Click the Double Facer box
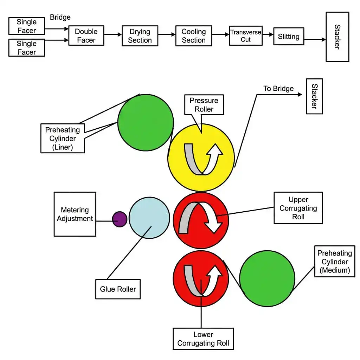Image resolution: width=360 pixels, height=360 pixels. tap(86, 36)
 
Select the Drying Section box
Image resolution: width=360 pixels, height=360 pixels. tap(140, 36)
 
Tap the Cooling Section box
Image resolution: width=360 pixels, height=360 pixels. tap(194, 36)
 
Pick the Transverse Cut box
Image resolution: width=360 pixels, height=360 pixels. tap(246, 36)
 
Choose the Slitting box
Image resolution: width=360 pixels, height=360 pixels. tap(289, 36)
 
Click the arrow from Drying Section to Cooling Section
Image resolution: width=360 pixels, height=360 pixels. tap(167, 35)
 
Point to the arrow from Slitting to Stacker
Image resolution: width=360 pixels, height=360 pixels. tap(315, 39)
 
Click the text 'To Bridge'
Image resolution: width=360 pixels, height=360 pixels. tap(278, 89)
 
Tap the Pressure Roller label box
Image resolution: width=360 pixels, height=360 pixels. tap(204, 105)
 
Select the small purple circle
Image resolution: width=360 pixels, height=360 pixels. tap(120, 219)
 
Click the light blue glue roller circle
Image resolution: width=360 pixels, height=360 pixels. tap(149, 218)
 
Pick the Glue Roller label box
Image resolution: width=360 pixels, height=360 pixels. tap(118, 289)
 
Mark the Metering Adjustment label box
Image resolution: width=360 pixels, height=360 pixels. tap(75, 214)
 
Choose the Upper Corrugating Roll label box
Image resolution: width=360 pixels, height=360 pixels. tap(298, 208)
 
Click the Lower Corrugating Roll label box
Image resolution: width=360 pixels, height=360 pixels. tap(203, 339)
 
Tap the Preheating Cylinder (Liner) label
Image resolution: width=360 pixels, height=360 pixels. tap(63, 138)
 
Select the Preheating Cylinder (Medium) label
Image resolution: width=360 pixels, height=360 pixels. tap(335, 261)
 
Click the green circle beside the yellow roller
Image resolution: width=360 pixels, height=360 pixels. tap(146, 122)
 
